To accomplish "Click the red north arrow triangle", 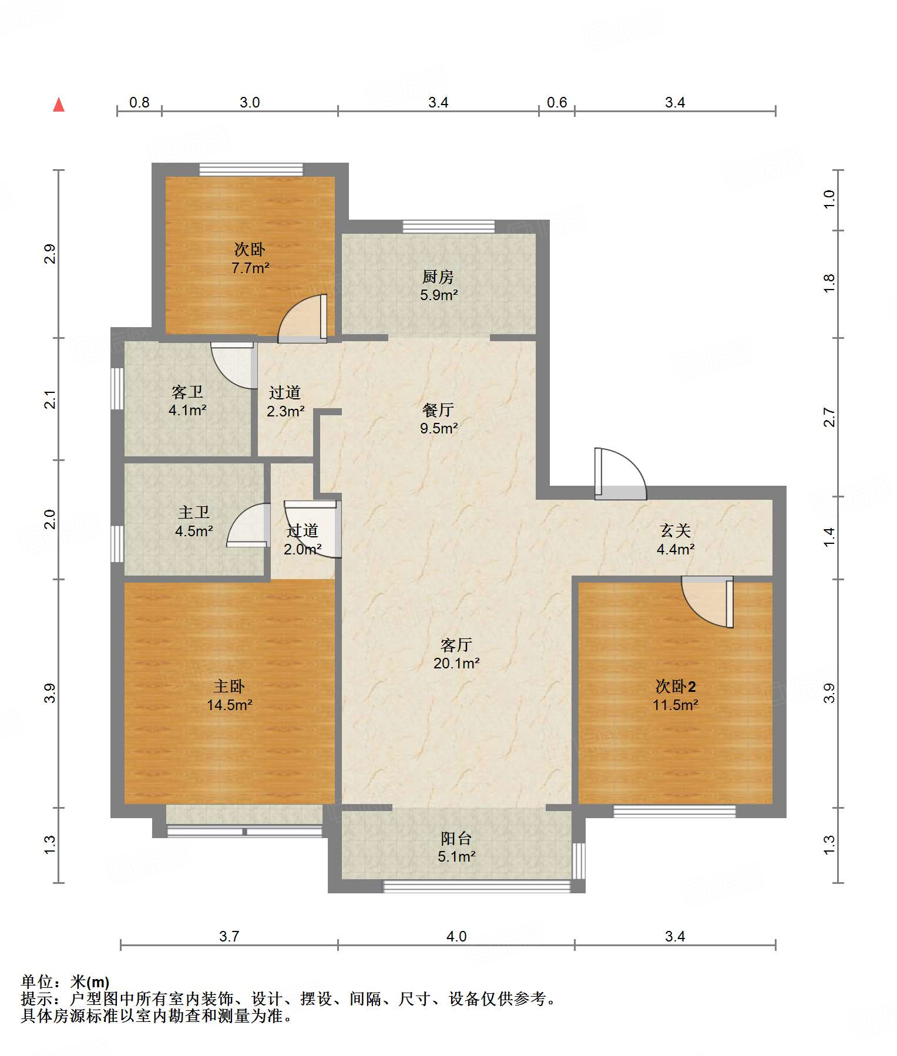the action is [59, 105].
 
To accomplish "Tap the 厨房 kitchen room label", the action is [438, 277].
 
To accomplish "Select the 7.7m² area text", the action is [250, 268].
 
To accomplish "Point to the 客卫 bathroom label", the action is [187, 392].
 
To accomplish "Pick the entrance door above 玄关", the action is [620, 474].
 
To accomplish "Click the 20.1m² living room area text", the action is [456, 663].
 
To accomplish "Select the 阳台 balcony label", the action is [456, 839].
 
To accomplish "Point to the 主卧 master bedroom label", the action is [229, 686].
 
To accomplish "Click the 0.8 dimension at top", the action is [139, 103].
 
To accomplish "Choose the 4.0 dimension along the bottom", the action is [456, 936].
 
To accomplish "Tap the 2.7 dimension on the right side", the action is [829, 417].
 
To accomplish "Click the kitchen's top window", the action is [449, 227].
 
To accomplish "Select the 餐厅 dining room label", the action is [438, 409].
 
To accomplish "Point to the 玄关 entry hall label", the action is [676, 530].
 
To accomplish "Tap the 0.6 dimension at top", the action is [557, 103].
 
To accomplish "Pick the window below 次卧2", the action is [674, 811].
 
